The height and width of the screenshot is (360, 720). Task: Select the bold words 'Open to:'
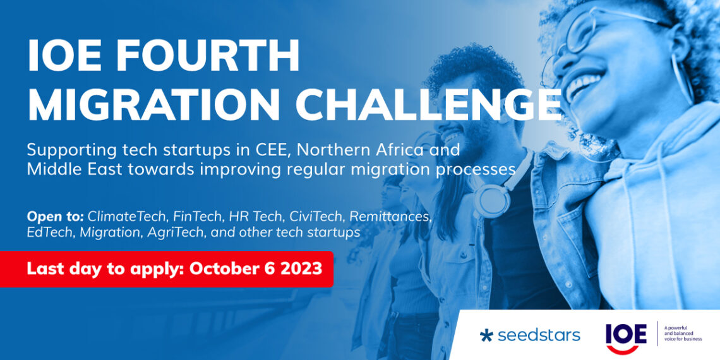click(54, 217)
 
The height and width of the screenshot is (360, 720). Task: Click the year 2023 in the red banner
click(300, 268)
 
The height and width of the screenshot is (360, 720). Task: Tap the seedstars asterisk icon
click(486, 335)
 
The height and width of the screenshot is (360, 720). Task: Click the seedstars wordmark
click(538, 335)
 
